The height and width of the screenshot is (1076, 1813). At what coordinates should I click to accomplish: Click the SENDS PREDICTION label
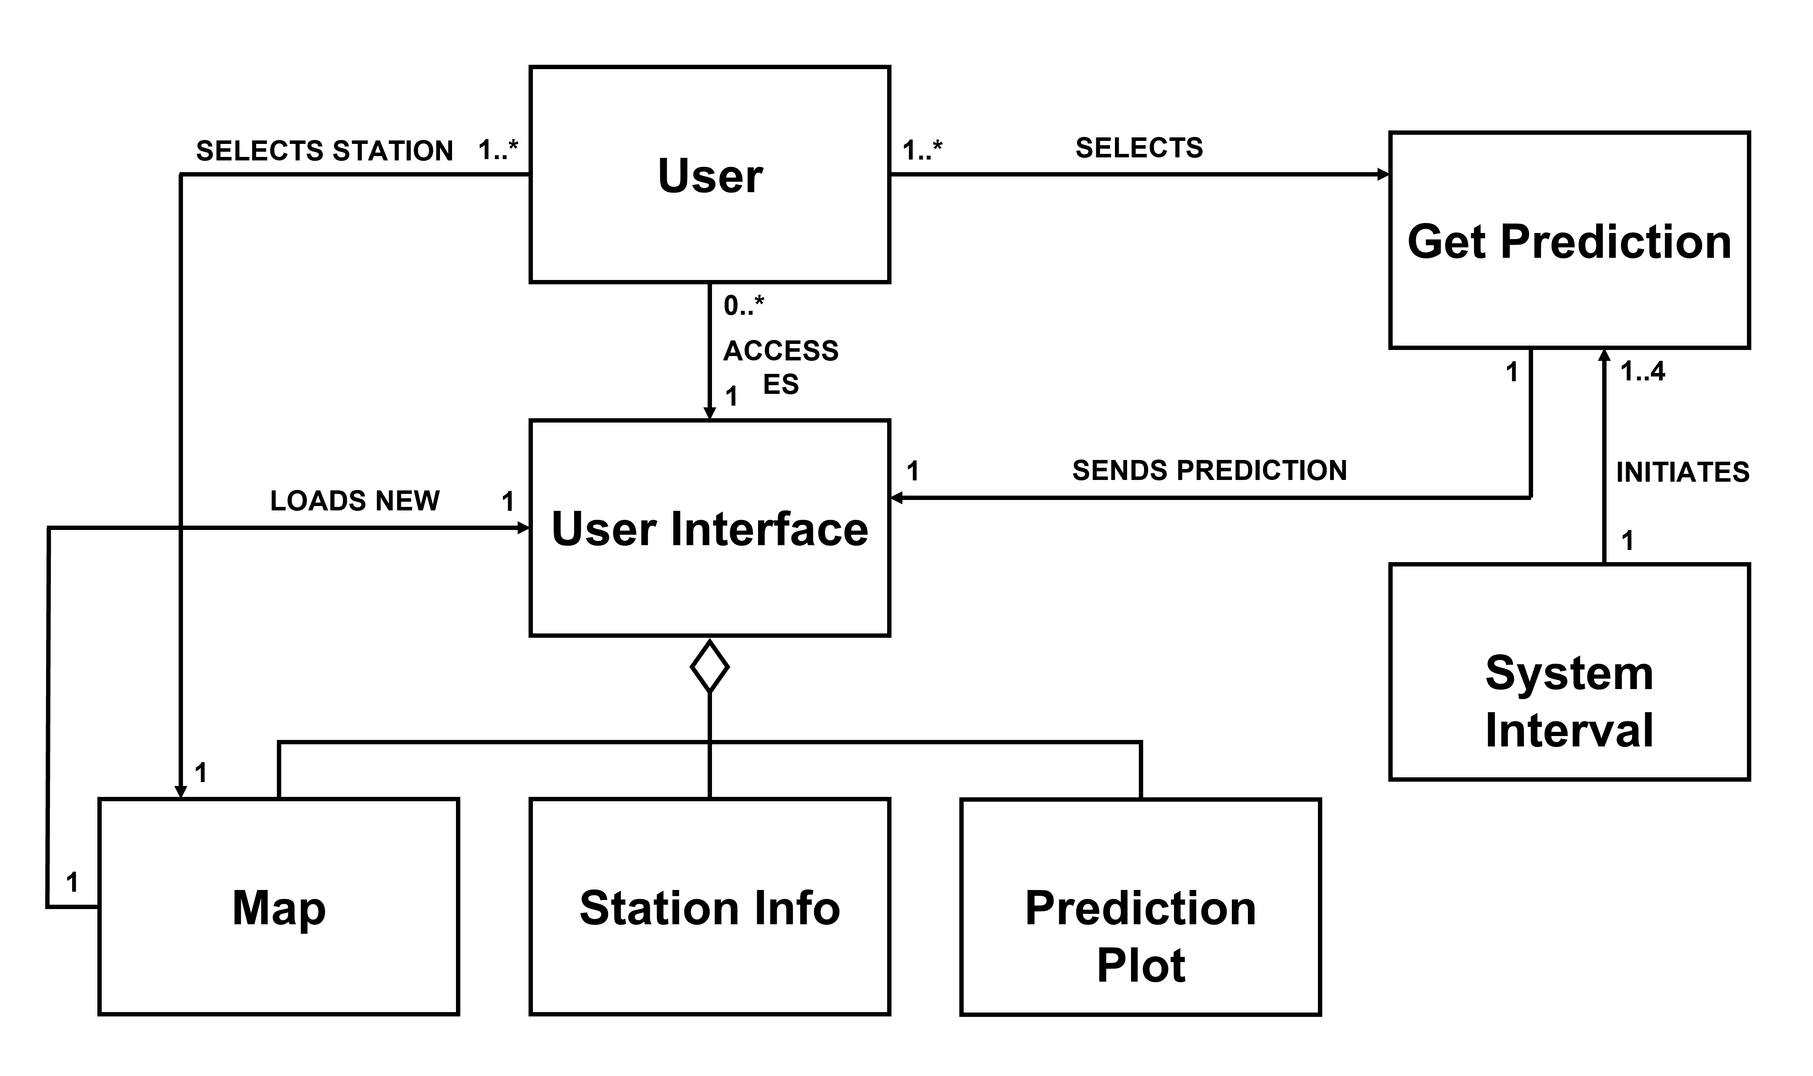pyautogui.click(x=1209, y=470)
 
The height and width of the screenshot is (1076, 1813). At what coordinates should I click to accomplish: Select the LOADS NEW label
pyautogui.click(x=355, y=501)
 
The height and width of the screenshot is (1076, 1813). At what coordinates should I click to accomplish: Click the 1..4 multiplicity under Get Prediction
pyautogui.click(x=1643, y=372)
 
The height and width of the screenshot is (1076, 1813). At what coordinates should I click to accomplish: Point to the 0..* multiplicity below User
pyautogui.click(x=743, y=305)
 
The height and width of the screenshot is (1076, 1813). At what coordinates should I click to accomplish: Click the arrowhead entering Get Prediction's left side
pyautogui.click(x=1383, y=174)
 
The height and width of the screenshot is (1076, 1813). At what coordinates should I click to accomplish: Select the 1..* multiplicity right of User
pyautogui.click(x=921, y=151)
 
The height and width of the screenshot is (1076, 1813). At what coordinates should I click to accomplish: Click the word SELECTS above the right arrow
pyautogui.click(x=1139, y=148)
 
